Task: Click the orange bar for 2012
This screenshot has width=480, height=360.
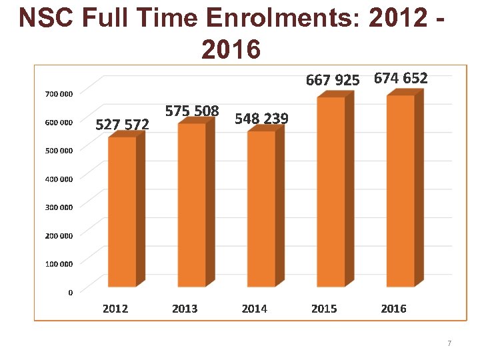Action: [x=122, y=212]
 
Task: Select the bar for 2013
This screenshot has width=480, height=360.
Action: [x=191, y=205]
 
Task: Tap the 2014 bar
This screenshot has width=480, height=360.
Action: [x=261, y=209]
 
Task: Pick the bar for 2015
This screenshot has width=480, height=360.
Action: [x=331, y=192]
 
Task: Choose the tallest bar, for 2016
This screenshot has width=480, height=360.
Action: [x=400, y=191]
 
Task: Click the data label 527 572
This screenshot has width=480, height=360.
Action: [x=122, y=124]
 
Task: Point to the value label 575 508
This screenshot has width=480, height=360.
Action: [x=192, y=111]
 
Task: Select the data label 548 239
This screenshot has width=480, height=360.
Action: [x=261, y=119]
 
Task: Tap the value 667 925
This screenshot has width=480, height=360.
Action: [x=332, y=80]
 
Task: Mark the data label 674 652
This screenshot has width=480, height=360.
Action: [x=401, y=78]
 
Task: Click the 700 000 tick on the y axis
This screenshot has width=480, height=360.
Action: [x=59, y=94]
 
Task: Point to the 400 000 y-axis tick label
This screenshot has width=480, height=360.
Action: [x=59, y=179]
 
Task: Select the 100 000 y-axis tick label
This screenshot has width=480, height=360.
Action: [x=59, y=264]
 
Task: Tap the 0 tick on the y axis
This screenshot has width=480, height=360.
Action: [x=71, y=292]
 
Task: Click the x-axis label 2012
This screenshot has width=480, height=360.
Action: [x=115, y=309]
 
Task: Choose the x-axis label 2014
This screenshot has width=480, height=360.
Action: [x=254, y=309]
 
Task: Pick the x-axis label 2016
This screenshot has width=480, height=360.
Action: [x=393, y=309]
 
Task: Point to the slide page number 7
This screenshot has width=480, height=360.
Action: [x=449, y=343]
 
